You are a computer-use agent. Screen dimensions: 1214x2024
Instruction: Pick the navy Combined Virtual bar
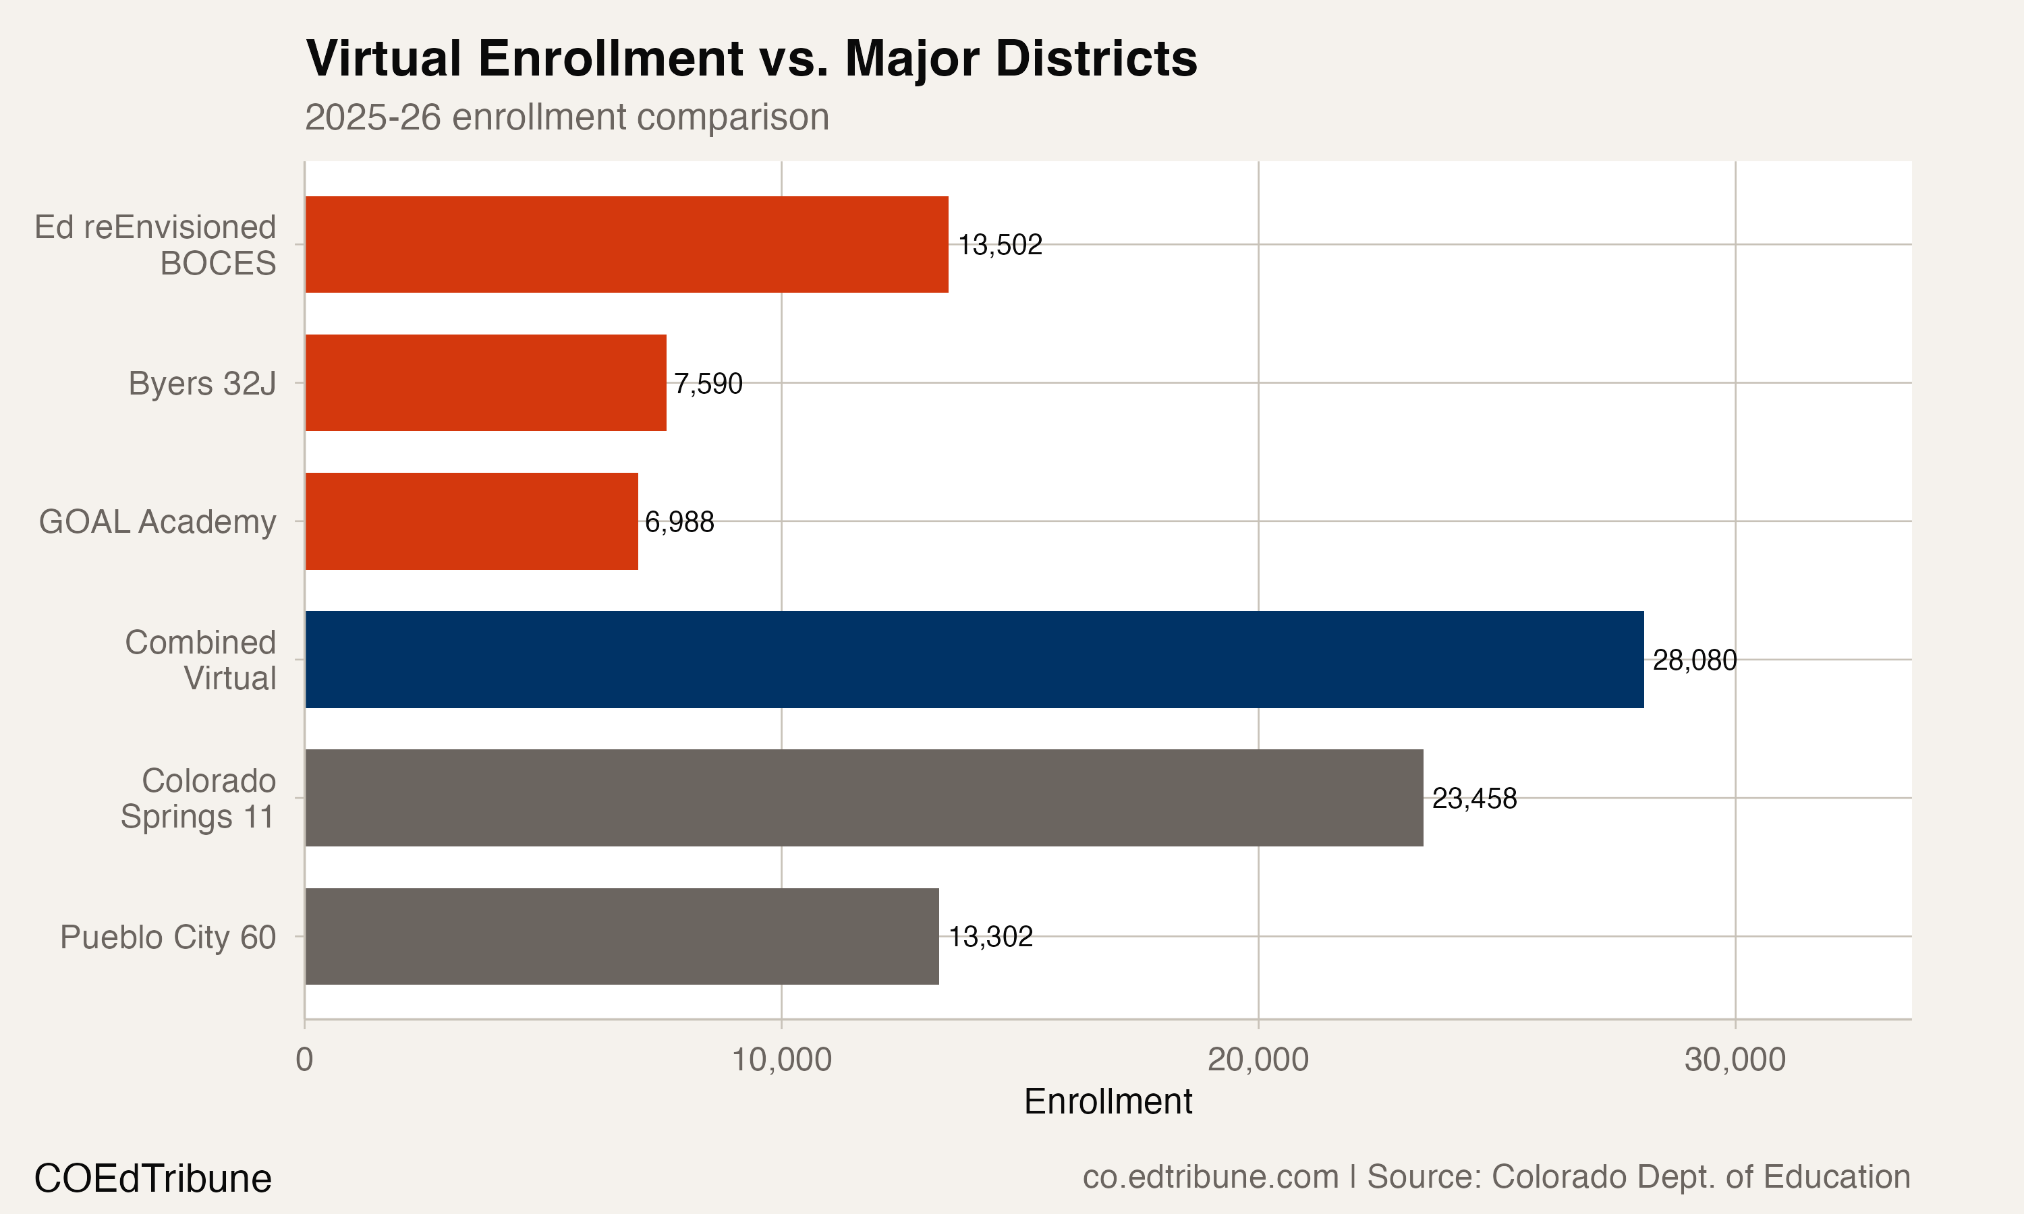click(974, 660)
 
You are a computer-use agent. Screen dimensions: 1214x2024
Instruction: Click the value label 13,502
click(1000, 245)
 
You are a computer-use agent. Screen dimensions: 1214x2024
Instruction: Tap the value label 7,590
click(708, 383)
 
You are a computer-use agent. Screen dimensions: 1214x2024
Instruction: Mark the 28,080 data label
click(1694, 660)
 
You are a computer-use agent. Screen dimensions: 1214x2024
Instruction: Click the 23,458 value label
click(1474, 799)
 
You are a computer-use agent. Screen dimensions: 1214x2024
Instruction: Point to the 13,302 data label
click(990, 937)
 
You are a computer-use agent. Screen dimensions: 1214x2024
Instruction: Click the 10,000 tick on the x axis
click(781, 1060)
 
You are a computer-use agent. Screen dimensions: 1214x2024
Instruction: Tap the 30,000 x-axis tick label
click(1735, 1060)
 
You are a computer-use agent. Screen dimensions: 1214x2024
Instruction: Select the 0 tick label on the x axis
click(304, 1060)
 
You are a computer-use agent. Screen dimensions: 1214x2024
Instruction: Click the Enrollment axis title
click(1108, 1102)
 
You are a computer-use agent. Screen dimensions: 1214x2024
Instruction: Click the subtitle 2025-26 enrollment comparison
click(566, 117)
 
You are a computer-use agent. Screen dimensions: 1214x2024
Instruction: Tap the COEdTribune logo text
click(152, 1178)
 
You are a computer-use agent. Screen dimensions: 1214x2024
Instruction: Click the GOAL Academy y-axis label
click(157, 521)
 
